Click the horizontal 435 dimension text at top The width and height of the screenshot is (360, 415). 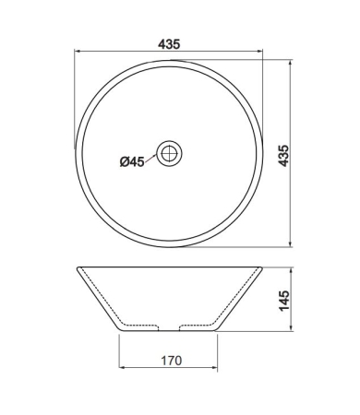[x=168, y=43]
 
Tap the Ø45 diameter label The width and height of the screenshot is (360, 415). [x=131, y=162]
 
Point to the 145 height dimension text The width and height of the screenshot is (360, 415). [x=285, y=300]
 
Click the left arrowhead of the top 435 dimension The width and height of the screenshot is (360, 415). [x=78, y=53]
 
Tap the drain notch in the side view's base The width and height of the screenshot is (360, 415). [x=169, y=328]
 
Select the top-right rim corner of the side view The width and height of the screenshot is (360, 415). [x=263, y=267]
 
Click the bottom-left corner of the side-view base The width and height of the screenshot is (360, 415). [x=121, y=331]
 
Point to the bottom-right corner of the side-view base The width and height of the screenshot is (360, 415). [x=217, y=331]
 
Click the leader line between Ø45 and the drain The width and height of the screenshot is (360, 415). [x=153, y=158]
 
